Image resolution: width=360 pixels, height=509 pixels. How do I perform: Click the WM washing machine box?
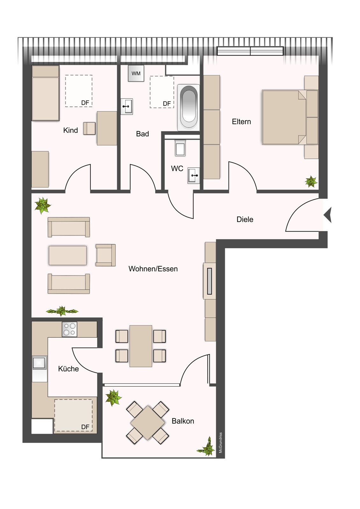coord(136,73)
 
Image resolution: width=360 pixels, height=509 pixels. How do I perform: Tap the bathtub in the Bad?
coord(188,107)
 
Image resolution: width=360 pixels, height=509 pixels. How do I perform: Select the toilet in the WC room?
coord(180,148)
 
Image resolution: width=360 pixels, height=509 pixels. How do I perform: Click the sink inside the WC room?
coord(194,175)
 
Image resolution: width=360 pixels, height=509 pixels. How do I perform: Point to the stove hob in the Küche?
coord(69,329)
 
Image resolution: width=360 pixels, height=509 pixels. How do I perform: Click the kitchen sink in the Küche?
coord(39,363)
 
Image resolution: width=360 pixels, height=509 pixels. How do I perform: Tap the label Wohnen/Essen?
coord(153,269)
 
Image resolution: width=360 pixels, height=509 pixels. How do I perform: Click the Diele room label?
coord(245,219)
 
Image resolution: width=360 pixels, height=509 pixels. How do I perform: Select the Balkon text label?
coord(183,421)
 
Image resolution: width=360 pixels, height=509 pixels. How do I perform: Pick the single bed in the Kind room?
coord(46,93)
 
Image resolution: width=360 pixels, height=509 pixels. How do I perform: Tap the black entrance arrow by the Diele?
coord(328,215)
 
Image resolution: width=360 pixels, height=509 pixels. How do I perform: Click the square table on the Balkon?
coord(147,423)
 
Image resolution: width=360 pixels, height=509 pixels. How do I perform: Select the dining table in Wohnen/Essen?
coord(141,346)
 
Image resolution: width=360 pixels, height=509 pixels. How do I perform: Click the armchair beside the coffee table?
coord(105,255)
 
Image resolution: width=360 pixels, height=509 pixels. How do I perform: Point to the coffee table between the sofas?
coord(67,255)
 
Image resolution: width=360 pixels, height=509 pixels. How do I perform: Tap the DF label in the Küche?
coord(85,427)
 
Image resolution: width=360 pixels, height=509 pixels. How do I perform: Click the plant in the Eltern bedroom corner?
coord(311,182)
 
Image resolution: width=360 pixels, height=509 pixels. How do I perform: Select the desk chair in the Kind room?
coord(89,128)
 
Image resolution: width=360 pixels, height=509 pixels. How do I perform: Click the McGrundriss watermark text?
coord(221,443)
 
